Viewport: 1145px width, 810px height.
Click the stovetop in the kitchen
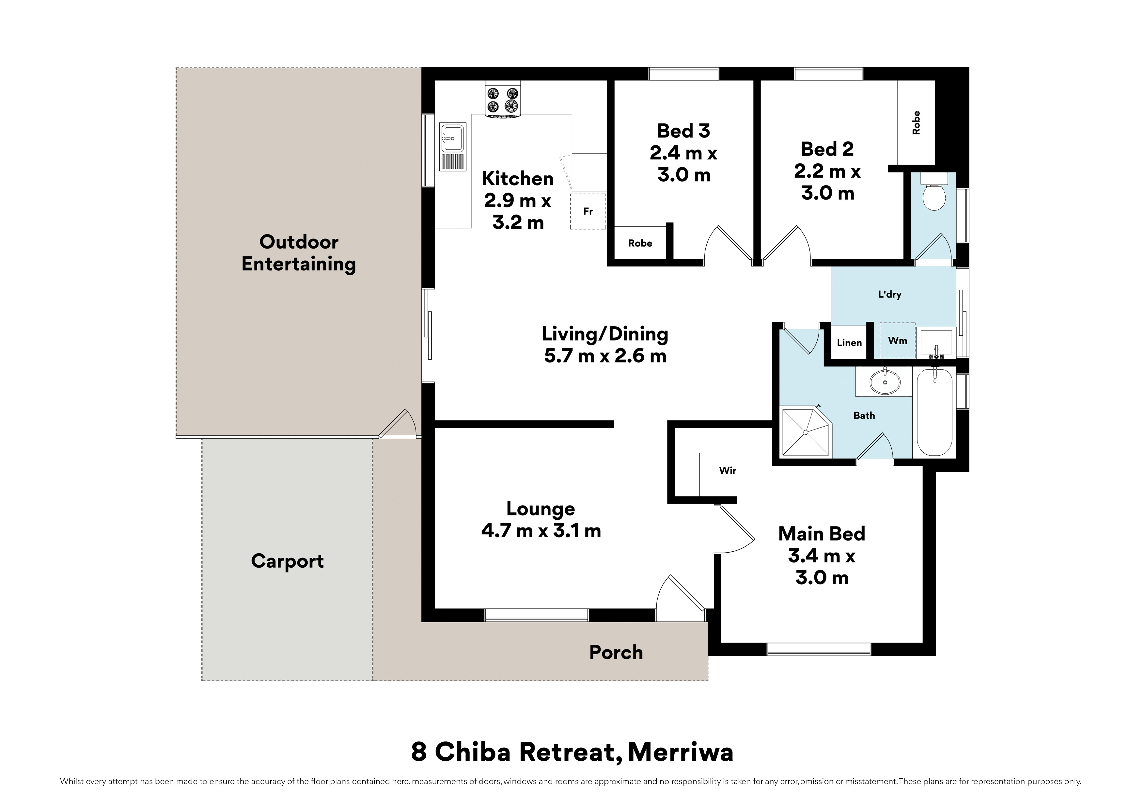click(503, 100)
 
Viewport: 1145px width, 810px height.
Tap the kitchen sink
click(453, 147)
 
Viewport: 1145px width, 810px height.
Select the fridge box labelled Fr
click(588, 211)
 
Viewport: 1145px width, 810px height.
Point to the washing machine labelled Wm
click(897, 340)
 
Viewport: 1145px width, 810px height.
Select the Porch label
click(616, 652)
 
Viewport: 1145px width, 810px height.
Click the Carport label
click(287, 561)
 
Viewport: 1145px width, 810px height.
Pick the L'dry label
click(890, 295)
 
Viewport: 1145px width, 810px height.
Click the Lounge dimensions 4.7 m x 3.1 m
click(541, 530)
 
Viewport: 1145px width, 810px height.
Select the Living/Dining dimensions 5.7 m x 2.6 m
click(605, 356)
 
